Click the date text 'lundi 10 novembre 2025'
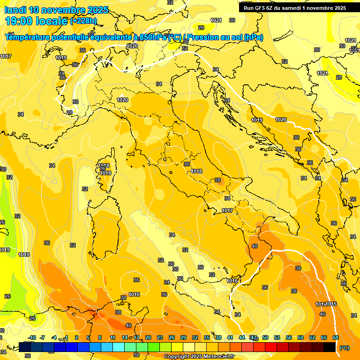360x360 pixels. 56,10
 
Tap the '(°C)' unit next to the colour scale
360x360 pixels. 345,347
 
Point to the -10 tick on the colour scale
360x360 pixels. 32,337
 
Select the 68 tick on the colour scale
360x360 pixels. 336,337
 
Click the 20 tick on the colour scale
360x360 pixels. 148,337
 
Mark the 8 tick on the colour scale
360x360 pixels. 100,337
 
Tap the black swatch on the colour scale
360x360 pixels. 330,347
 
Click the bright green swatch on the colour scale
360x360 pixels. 154,347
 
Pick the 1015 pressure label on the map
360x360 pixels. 332,304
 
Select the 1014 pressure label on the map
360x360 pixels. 321,304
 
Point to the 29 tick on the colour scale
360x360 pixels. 183,337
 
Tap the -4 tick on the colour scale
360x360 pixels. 54,337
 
